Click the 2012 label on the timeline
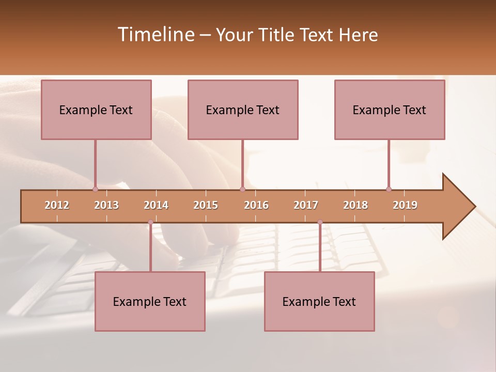pos(57,205)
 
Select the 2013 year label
pos(106,205)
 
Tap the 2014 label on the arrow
pos(156,205)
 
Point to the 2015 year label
pos(206,205)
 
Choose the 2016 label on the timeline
pos(256,205)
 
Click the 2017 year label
pos(306,205)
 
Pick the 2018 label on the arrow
pos(355,205)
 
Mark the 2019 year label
pos(405,205)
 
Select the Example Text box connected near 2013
pos(96,110)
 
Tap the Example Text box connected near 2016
pos(243,110)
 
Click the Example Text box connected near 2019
pos(390,110)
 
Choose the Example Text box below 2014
pos(150,302)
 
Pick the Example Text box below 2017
pos(319,302)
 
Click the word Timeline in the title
pos(155,35)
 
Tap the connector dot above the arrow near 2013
pos(95,189)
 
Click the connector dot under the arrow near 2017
pos(320,222)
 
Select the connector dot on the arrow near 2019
pos(389,189)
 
